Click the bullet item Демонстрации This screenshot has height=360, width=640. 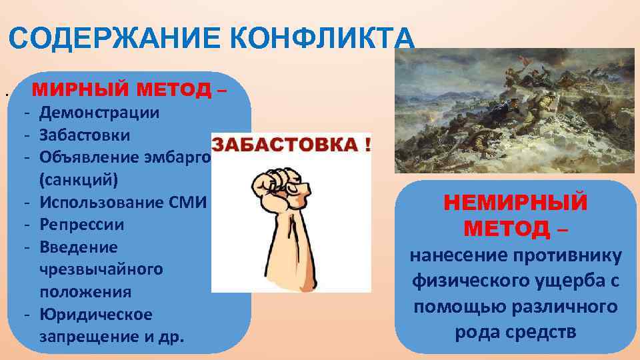(x=99, y=112)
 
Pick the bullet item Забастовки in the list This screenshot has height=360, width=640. (x=85, y=135)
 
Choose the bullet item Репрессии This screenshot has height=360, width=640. (x=81, y=225)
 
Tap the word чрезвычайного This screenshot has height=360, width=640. (x=101, y=269)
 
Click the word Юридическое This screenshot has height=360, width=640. (x=96, y=314)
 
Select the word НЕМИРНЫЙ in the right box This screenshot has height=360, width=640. (x=515, y=202)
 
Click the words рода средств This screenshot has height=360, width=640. (x=515, y=332)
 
